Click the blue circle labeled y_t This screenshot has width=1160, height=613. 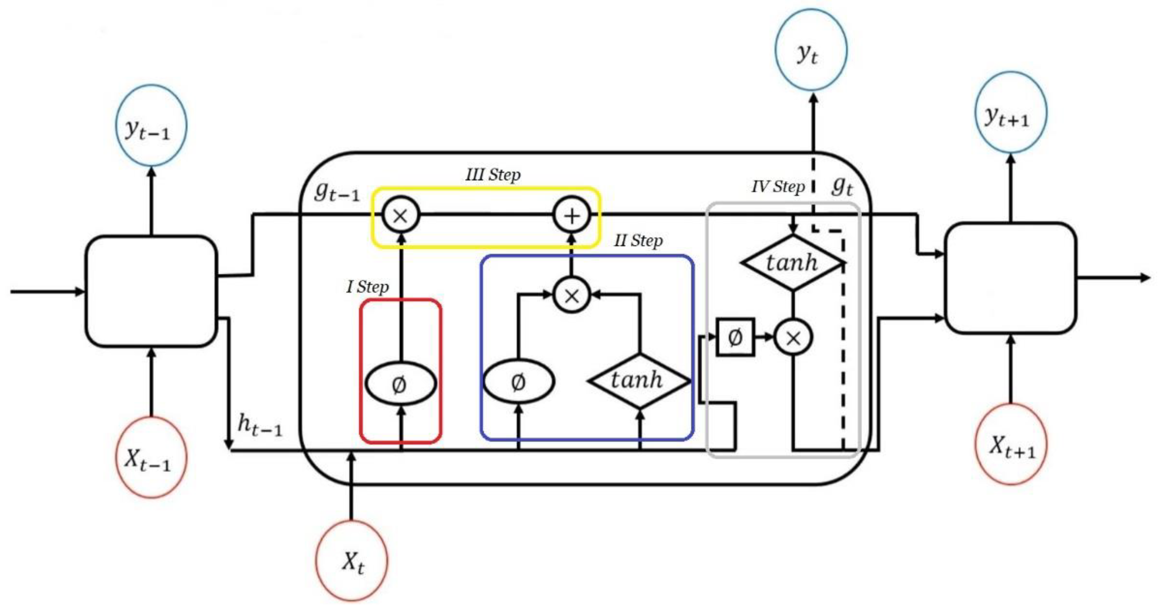[811, 50]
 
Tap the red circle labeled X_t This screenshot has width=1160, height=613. [352, 561]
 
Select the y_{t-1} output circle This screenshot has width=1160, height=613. [151, 125]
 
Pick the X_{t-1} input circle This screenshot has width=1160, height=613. [151, 457]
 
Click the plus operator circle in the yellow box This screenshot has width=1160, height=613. [571, 216]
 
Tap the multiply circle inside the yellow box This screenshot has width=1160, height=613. [401, 215]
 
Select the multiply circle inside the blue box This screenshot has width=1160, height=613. [571, 295]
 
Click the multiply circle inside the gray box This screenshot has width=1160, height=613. [793, 337]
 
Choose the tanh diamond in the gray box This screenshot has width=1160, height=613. [792, 262]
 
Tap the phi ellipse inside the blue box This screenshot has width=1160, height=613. [518, 382]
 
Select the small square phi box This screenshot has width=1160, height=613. [735, 337]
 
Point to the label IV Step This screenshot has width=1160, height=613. [778, 186]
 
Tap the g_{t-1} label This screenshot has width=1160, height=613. [337, 192]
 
